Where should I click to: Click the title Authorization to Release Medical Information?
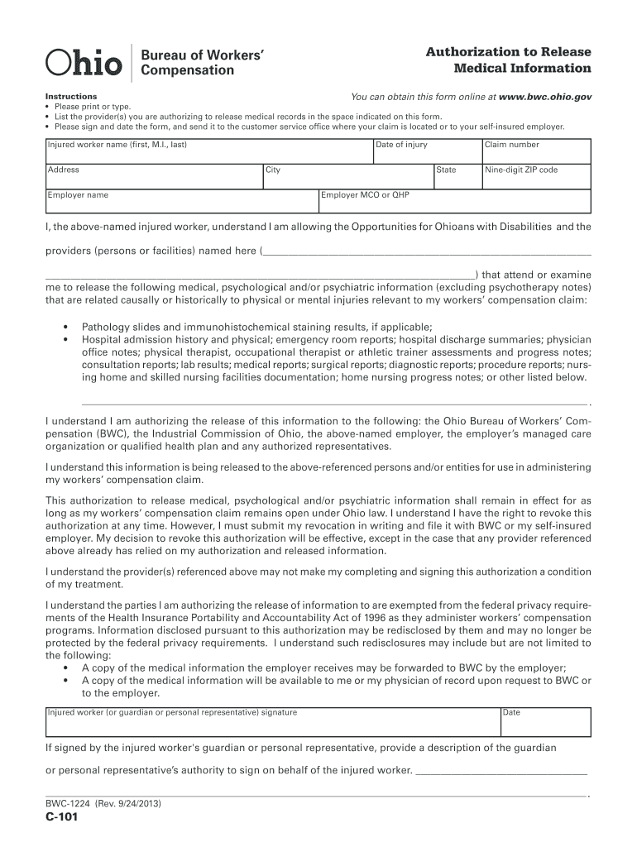point(508,60)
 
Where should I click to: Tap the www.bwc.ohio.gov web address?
point(545,97)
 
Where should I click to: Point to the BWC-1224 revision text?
point(103,803)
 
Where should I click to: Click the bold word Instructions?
point(71,97)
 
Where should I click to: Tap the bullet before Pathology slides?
point(65,327)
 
